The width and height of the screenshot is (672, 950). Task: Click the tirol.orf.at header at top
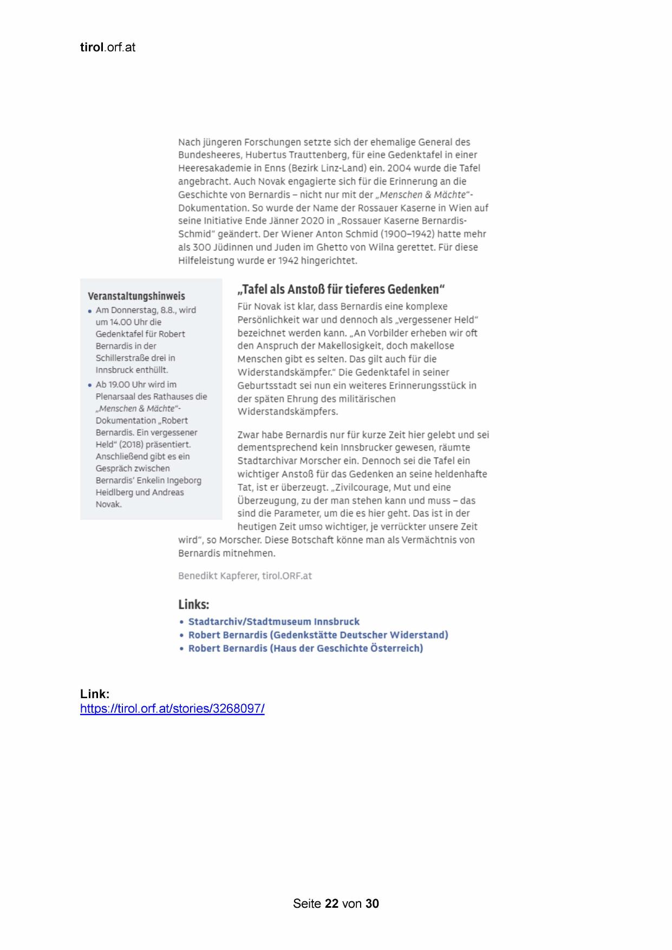[107, 48]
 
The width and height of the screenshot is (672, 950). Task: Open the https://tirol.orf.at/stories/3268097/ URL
[172, 708]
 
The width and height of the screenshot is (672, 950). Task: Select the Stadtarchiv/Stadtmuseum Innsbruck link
[273, 622]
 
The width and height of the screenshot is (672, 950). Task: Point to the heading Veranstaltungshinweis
[136, 296]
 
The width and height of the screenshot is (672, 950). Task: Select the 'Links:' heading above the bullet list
[194, 604]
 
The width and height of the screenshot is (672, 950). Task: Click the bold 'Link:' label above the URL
[95, 694]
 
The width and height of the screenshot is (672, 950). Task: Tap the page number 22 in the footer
[332, 903]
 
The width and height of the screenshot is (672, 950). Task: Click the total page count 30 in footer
[372, 903]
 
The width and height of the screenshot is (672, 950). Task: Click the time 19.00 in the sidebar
[119, 385]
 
